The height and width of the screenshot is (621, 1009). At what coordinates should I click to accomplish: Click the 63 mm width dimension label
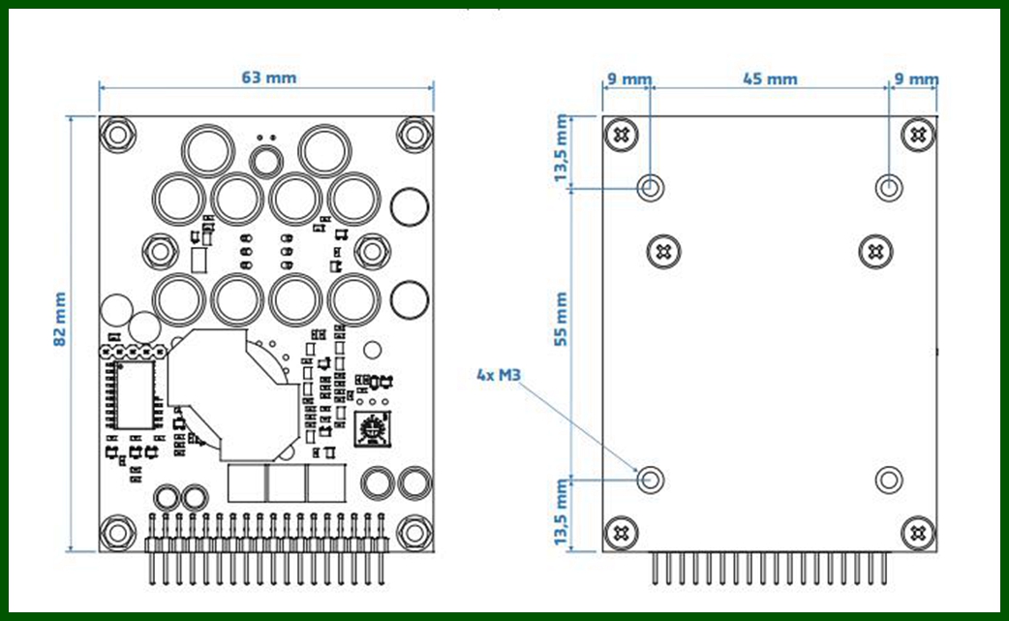(x=269, y=78)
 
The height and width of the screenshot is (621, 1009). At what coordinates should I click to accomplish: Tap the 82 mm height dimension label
(x=60, y=319)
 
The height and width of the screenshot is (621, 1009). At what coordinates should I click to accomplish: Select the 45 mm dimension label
(x=770, y=79)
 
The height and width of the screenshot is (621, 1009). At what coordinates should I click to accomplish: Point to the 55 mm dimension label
(x=561, y=319)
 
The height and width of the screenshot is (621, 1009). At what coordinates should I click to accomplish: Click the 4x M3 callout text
(x=498, y=375)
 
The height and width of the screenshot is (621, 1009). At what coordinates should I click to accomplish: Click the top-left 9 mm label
(x=629, y=79)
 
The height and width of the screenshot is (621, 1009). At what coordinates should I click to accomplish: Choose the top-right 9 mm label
(x=916, y=79)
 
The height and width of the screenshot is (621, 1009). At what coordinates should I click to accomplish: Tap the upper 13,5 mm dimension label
(x=561, y=148)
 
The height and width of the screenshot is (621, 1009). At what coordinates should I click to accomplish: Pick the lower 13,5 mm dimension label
(x=561, y=512)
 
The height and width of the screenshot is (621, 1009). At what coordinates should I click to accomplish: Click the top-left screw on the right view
(x=622, y=135)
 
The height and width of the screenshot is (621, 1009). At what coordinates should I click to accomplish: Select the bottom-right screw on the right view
(x=918, y=533)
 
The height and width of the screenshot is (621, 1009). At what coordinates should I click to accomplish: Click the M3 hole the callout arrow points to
(x=651, y=480)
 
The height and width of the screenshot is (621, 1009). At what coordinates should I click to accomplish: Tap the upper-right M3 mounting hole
(x=889, y=188)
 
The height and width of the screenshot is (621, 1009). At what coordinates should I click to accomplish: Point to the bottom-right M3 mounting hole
(x=889, y=480)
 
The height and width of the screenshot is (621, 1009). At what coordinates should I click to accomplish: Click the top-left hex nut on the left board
(x=118, y=135)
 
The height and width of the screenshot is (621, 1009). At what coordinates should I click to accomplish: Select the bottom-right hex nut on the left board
(x=414, y=532)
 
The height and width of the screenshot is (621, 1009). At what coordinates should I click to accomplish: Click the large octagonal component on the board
(x=233, y=395)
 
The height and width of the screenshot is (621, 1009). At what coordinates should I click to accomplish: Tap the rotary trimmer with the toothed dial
(x=372, y=429)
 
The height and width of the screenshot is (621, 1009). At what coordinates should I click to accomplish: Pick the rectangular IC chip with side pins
(x=134, y=394)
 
